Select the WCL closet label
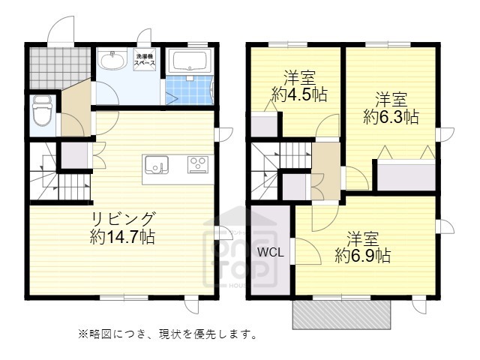tap(271, 252)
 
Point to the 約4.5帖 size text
tap(299, 94)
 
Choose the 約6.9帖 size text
tap(362, 256)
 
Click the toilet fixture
tap(41, 112)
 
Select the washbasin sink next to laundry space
tap(115, 60)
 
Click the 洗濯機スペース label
tap(145, 61)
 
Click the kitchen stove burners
tap(198, 164)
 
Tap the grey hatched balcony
tap(341, 315)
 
